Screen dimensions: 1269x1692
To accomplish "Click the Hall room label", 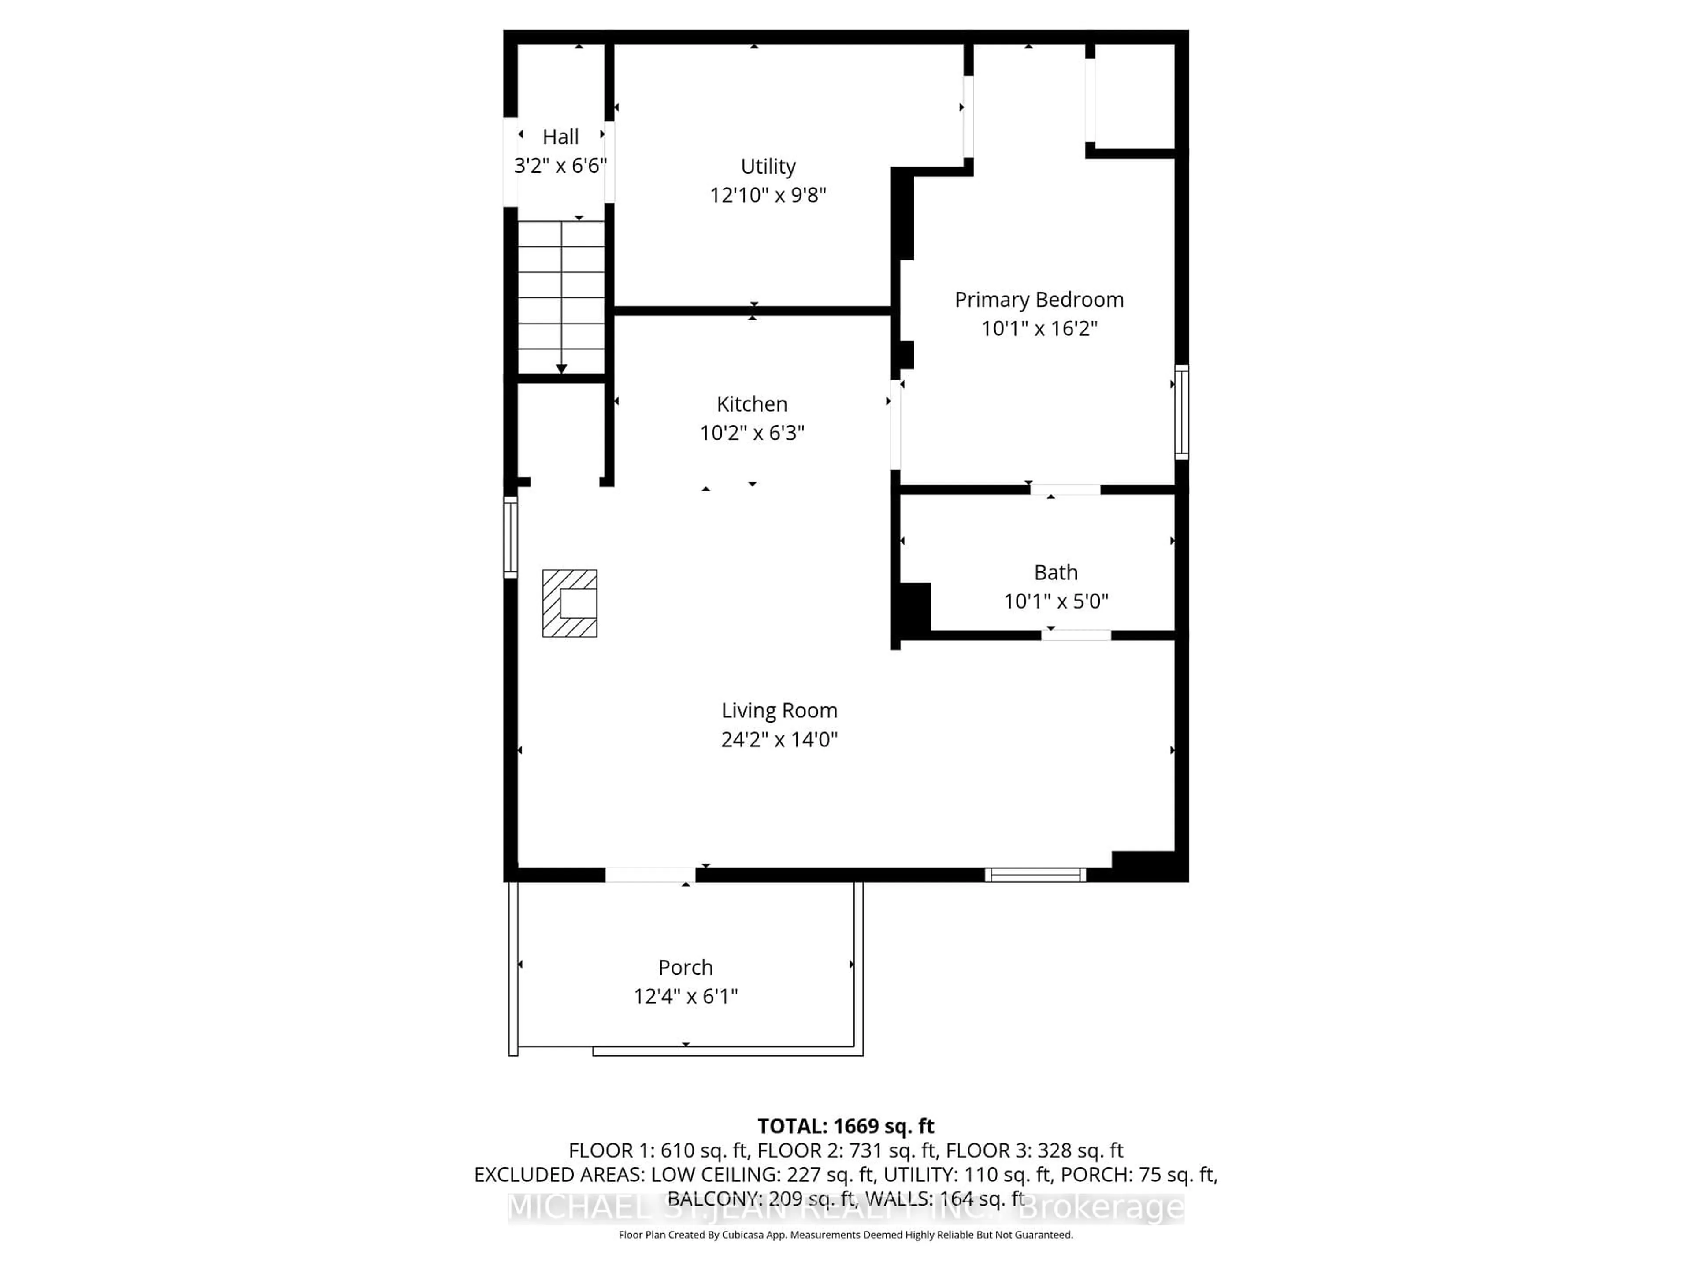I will pos(560,137).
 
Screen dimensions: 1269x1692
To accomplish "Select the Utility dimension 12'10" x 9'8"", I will pos(768,195).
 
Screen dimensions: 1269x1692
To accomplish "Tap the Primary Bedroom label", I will pos(1039,300).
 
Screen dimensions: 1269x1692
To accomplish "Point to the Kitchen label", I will pos(751,404).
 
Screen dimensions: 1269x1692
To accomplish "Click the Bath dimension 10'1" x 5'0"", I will pos(1056,601).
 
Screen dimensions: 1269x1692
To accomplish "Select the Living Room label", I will pos(779,711).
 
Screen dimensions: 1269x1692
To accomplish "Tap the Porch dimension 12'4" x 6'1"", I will pos(685,996).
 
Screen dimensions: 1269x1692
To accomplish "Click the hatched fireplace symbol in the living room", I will pos(569,604).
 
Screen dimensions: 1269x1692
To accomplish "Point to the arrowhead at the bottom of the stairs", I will pos(561,369).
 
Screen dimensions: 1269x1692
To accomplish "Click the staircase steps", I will pos(561,294).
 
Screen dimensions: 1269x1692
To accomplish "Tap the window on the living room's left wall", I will pos(510,537).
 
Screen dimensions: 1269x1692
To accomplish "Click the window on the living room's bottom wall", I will pos(1035,875).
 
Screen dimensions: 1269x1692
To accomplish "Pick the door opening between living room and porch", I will pos(650,875).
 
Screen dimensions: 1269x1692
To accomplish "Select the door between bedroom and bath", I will pos(1065,490).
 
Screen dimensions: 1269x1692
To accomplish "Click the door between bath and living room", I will pos(1076,635).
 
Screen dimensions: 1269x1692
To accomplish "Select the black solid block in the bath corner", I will pos(915,607).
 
